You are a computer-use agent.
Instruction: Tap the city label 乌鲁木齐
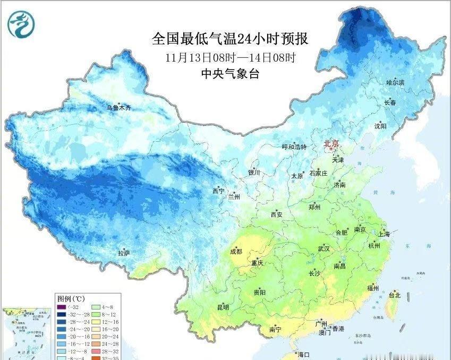pos(118,107)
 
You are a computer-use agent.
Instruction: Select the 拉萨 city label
pos(124,254)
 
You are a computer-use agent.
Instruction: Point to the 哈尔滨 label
pos(395,82)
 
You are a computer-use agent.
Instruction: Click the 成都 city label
pos(236,252)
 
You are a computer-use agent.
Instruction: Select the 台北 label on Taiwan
pos(394,295)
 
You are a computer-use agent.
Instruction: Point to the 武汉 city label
pos(324,248)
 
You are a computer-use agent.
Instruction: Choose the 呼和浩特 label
pos(294,147)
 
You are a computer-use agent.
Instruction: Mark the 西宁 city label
pos(218,191)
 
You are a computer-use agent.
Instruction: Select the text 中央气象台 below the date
pos(230,74)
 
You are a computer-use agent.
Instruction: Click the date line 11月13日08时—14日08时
pos(230,57)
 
